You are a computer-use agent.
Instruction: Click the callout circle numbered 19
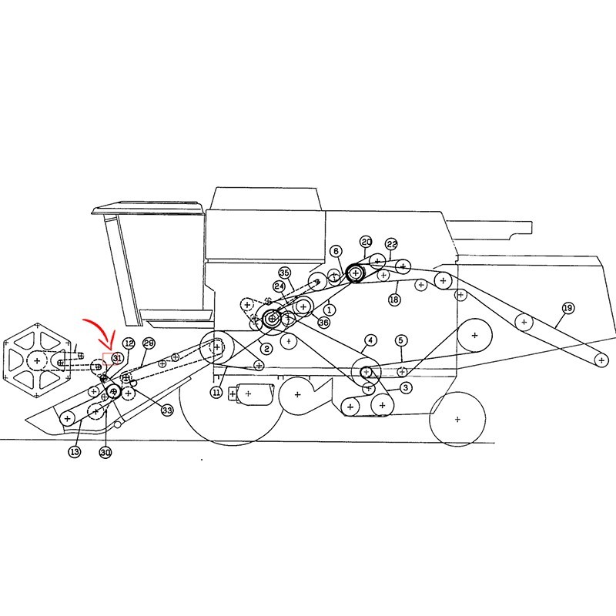point(568,308)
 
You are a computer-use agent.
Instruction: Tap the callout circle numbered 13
point(75,452)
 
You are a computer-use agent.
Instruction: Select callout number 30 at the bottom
point(105,452)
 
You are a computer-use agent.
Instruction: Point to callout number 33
point(167,410)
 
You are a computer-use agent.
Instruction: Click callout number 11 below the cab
point(216,392)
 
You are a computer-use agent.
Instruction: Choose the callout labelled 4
point(370,340)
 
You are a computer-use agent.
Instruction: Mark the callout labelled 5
point(400,340)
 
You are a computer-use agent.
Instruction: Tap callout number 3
point(406,388)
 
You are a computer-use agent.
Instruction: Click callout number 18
point(394,300)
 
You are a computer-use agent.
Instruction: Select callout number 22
point(391,244)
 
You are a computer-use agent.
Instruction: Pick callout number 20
point(367,242)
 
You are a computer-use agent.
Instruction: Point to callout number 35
point(285,273)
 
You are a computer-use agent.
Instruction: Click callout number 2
point(266,348)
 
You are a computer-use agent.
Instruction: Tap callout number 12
point(129,343)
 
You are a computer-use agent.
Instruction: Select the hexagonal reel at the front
point(37,360)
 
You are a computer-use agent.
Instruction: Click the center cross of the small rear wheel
point(457,419)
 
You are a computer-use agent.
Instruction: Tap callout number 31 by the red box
point(116,358)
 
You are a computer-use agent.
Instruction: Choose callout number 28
point(149,343)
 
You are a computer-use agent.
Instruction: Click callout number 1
point(330,310)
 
